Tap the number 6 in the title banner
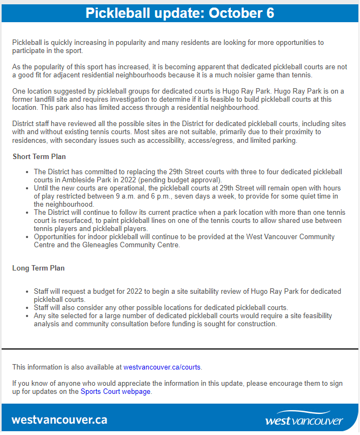coord(269,13)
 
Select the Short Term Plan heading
coord(39,156)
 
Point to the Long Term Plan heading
coord(39,268)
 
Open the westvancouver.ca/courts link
coord(162,367)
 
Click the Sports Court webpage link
coord(116,391)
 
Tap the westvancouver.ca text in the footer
coord(59,420)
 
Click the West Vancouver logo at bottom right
coord(304,419)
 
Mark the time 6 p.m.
coord(197,196)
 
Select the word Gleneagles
coord(103,245)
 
